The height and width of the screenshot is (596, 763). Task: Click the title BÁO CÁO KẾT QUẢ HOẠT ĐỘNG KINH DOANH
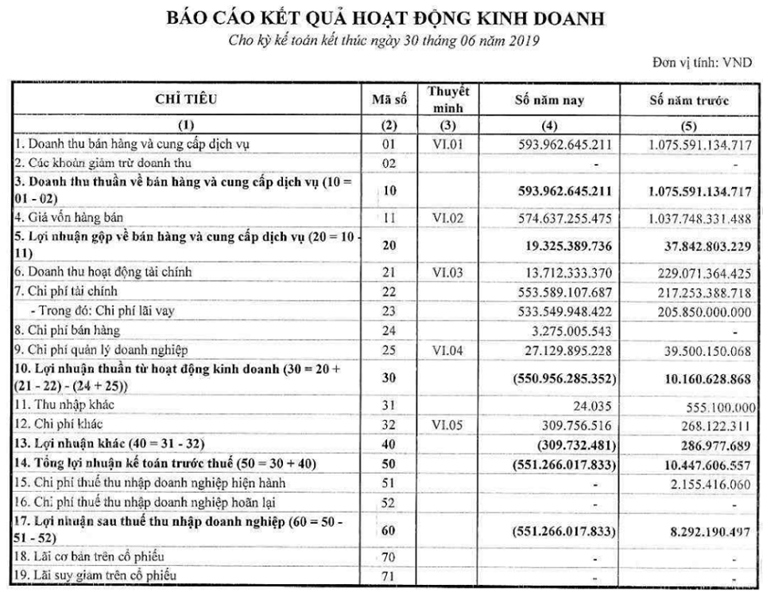pos(381,17)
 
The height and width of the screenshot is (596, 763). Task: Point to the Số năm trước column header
pos(688,102)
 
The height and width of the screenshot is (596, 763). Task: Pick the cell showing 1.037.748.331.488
pos(688,216)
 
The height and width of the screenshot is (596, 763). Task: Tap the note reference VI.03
pos(447,272)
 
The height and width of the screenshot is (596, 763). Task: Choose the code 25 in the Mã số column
pos(389,349)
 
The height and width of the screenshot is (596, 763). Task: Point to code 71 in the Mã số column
pos(389,573)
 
